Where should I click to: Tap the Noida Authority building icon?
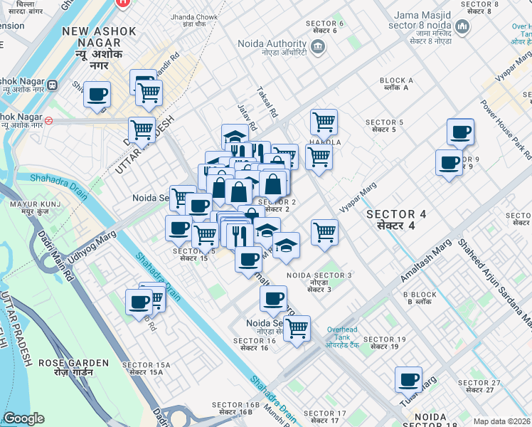pos(318,48)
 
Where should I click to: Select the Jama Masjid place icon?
pos(463,28)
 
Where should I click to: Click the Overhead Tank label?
pos(346,334)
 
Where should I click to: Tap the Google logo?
pos(23,418)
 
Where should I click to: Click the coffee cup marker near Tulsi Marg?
pos(408,379)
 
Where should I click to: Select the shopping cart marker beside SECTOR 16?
pos(297,328)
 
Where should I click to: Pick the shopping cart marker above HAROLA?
pos(324,121)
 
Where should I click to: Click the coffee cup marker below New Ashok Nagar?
pos(97,94)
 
